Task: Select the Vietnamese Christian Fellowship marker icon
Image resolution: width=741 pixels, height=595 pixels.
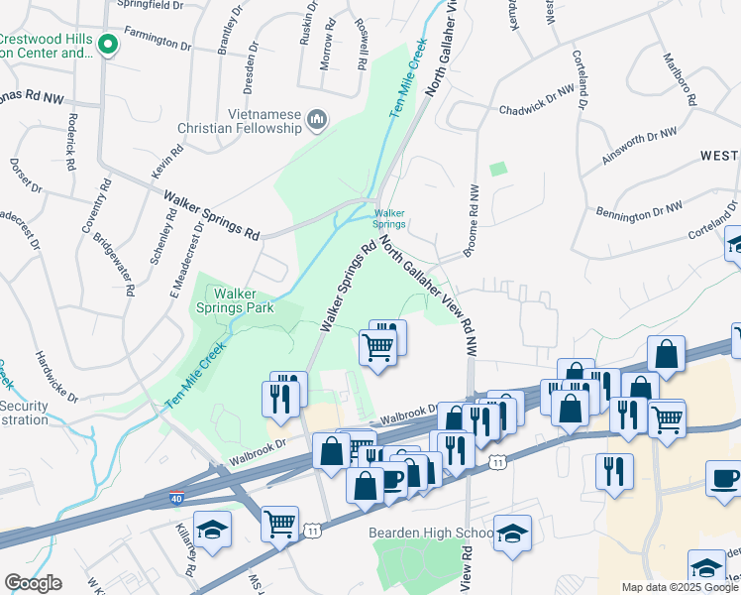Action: [x=318, y=120]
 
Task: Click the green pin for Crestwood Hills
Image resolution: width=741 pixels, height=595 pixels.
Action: [x=110, y=45]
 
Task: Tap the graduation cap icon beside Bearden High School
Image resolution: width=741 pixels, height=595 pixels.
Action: [x=512, y=535]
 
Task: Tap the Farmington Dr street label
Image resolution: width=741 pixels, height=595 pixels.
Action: [x=157, y=43]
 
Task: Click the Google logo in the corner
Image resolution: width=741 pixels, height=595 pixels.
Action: [x=33, y=583]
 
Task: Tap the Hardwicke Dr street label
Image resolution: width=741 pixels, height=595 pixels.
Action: [x=56, y=377]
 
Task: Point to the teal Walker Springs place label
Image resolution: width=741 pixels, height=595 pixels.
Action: [x=389, y=218]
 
